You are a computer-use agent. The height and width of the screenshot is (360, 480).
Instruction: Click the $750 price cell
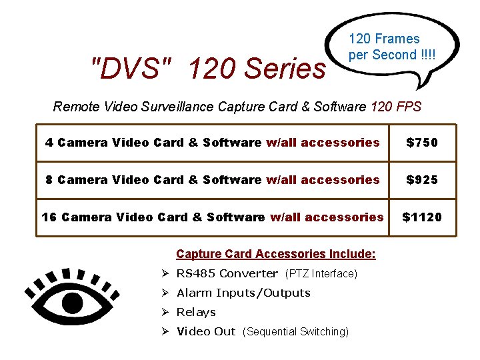pos(422,143)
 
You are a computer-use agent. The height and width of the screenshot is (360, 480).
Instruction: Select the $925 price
pos(422,180)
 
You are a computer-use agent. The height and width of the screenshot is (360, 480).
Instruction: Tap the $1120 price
pos(422,217)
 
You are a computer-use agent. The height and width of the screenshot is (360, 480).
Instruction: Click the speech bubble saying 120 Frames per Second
pos(393,47)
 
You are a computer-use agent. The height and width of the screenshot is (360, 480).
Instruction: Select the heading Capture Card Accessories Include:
pos(275,254)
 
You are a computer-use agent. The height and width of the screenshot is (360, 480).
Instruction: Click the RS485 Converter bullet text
pos(227,273)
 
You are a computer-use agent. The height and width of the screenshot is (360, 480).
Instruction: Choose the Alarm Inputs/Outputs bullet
pos(243,293)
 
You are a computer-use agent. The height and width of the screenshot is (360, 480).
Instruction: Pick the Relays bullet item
pos(196,312)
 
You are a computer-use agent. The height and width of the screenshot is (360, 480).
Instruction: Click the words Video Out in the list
pos(206,331)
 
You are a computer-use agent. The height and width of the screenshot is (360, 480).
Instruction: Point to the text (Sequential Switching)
pos(295,332)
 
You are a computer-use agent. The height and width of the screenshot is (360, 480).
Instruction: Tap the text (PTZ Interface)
pos(321,274)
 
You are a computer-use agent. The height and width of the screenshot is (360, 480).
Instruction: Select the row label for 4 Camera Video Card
pos(153,143)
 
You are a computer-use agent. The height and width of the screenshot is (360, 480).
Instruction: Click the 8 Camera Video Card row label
pos(153,180)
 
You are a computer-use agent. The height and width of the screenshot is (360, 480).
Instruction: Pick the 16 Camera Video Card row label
pos(153,217)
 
